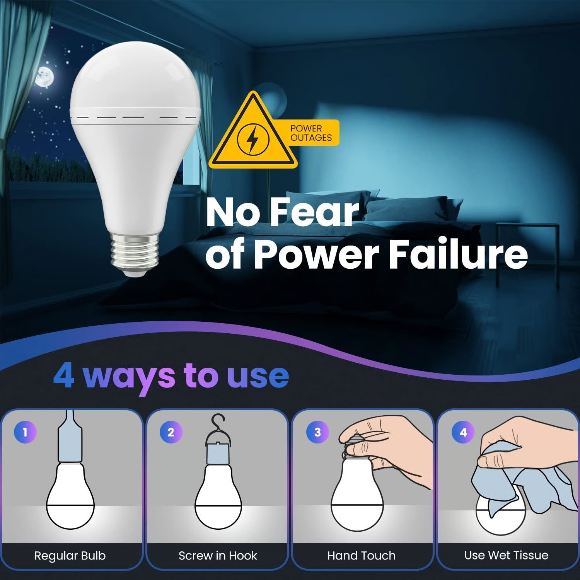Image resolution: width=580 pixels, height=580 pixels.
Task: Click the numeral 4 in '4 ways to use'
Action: [x=64, y=375]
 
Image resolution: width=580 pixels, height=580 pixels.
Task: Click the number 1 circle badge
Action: [x=25, y=432]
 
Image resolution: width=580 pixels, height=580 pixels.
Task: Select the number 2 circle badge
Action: [x=171, y=432]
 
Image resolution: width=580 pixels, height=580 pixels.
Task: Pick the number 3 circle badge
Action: [x=317, y=432]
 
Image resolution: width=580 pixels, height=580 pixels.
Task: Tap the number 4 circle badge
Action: [x=463, y=432]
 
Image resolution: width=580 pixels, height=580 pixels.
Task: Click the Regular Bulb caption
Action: [x=70, y=556]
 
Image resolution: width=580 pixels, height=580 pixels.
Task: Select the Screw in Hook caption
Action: [x=218, y=556]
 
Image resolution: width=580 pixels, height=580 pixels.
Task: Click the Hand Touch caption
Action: [x=362, y=556]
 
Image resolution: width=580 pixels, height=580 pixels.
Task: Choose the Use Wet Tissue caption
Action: [x=506, y=555]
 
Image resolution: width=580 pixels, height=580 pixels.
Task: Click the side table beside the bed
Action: [x=527, y=247]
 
